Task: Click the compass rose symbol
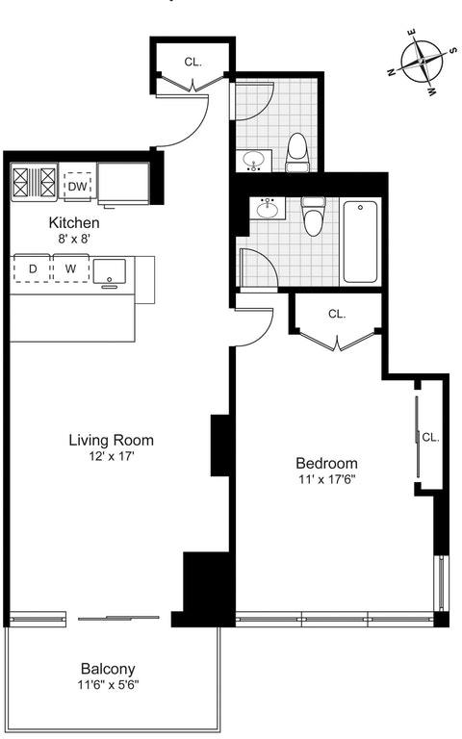coord(423,64)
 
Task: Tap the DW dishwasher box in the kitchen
coord(77,185)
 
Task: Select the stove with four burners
coord(35,183)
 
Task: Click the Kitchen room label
coord(74,222)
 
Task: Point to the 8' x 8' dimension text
coord(74,238)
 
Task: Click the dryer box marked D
coord(33,268)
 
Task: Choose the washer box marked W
coord(69,268)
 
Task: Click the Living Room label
coord(111,441)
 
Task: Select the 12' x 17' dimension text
coord(111,456)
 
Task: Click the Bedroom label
coord(325,462)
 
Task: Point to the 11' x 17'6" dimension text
coord(325,478)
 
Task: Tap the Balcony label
coord(108,670)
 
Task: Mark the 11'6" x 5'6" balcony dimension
coord(108,686)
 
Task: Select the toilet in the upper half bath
coord(298,151)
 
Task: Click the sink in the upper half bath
coord(255,160)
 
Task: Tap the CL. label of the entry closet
coord(193,62)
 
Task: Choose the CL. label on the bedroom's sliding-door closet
coord(429,437)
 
